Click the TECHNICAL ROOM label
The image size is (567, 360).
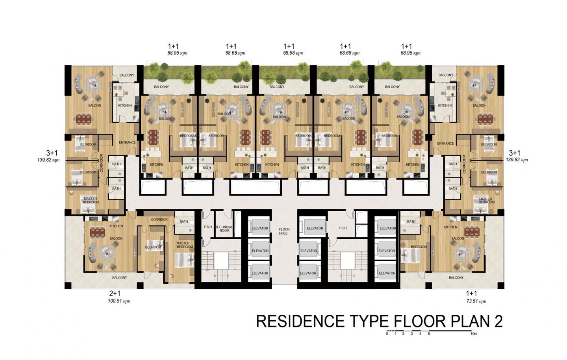pos(224,229)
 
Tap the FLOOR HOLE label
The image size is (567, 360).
pos(284,231)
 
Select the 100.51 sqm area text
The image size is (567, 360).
pos(119,301)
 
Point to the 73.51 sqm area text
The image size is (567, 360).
pos(476,301)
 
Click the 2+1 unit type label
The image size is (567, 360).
pos(115,294)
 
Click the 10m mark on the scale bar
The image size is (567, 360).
pos(474,334)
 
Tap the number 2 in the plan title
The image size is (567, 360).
pos(498,321)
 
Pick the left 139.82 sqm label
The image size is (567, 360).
pos(48,160)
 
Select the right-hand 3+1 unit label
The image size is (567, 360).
pos(515,153)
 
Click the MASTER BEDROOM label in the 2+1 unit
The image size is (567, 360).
pos(185,245)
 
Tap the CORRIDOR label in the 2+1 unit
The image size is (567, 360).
pos(159,220)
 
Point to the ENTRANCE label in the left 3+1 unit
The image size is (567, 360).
pos(127,142)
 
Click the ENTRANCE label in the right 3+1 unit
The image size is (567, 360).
pos(445,144)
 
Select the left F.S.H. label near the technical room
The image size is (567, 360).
pos(208,227)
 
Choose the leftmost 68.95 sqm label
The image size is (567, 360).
pos(177,53)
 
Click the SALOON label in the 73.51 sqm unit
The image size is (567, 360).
pos(458,238)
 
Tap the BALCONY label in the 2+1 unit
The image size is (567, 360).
pos(119,277)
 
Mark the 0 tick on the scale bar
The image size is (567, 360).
pos(387,334)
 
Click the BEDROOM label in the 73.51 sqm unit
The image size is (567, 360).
pos(419,247)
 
